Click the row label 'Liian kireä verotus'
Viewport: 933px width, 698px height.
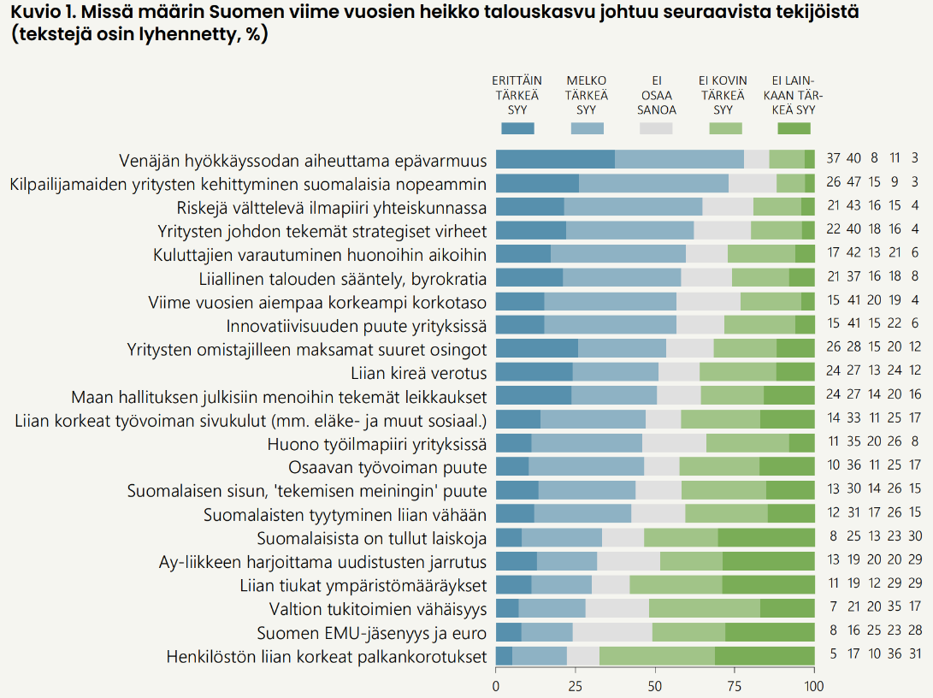[x=418, y=372]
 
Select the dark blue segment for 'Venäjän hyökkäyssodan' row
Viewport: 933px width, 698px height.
[x=555, y=159]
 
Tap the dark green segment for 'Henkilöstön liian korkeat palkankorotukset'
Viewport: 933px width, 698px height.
[x=765, y=656]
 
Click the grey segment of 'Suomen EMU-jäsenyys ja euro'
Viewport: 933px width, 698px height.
[x=612, y=632]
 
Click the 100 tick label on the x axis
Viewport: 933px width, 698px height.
[x=814, y=685]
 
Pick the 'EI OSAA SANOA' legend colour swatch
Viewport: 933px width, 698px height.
[x=656, y=128]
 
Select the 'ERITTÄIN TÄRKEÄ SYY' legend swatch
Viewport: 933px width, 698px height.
[x=517, y=128]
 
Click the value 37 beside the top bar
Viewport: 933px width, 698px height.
[x=834, y=158]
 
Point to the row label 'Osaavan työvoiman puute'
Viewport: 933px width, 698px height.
[x=387, y=467]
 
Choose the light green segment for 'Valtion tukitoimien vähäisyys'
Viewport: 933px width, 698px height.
[x=704, y=608]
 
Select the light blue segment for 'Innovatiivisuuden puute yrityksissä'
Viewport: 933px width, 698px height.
[x=610, y=325]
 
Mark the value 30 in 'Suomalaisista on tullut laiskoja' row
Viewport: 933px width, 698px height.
[x=915, y=537]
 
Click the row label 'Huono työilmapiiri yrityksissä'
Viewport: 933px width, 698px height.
[x=377, y=443]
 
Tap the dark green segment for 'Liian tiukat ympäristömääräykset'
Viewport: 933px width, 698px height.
[x=768, y=585]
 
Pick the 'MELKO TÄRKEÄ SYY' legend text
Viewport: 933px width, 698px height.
[x=587, y=95]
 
